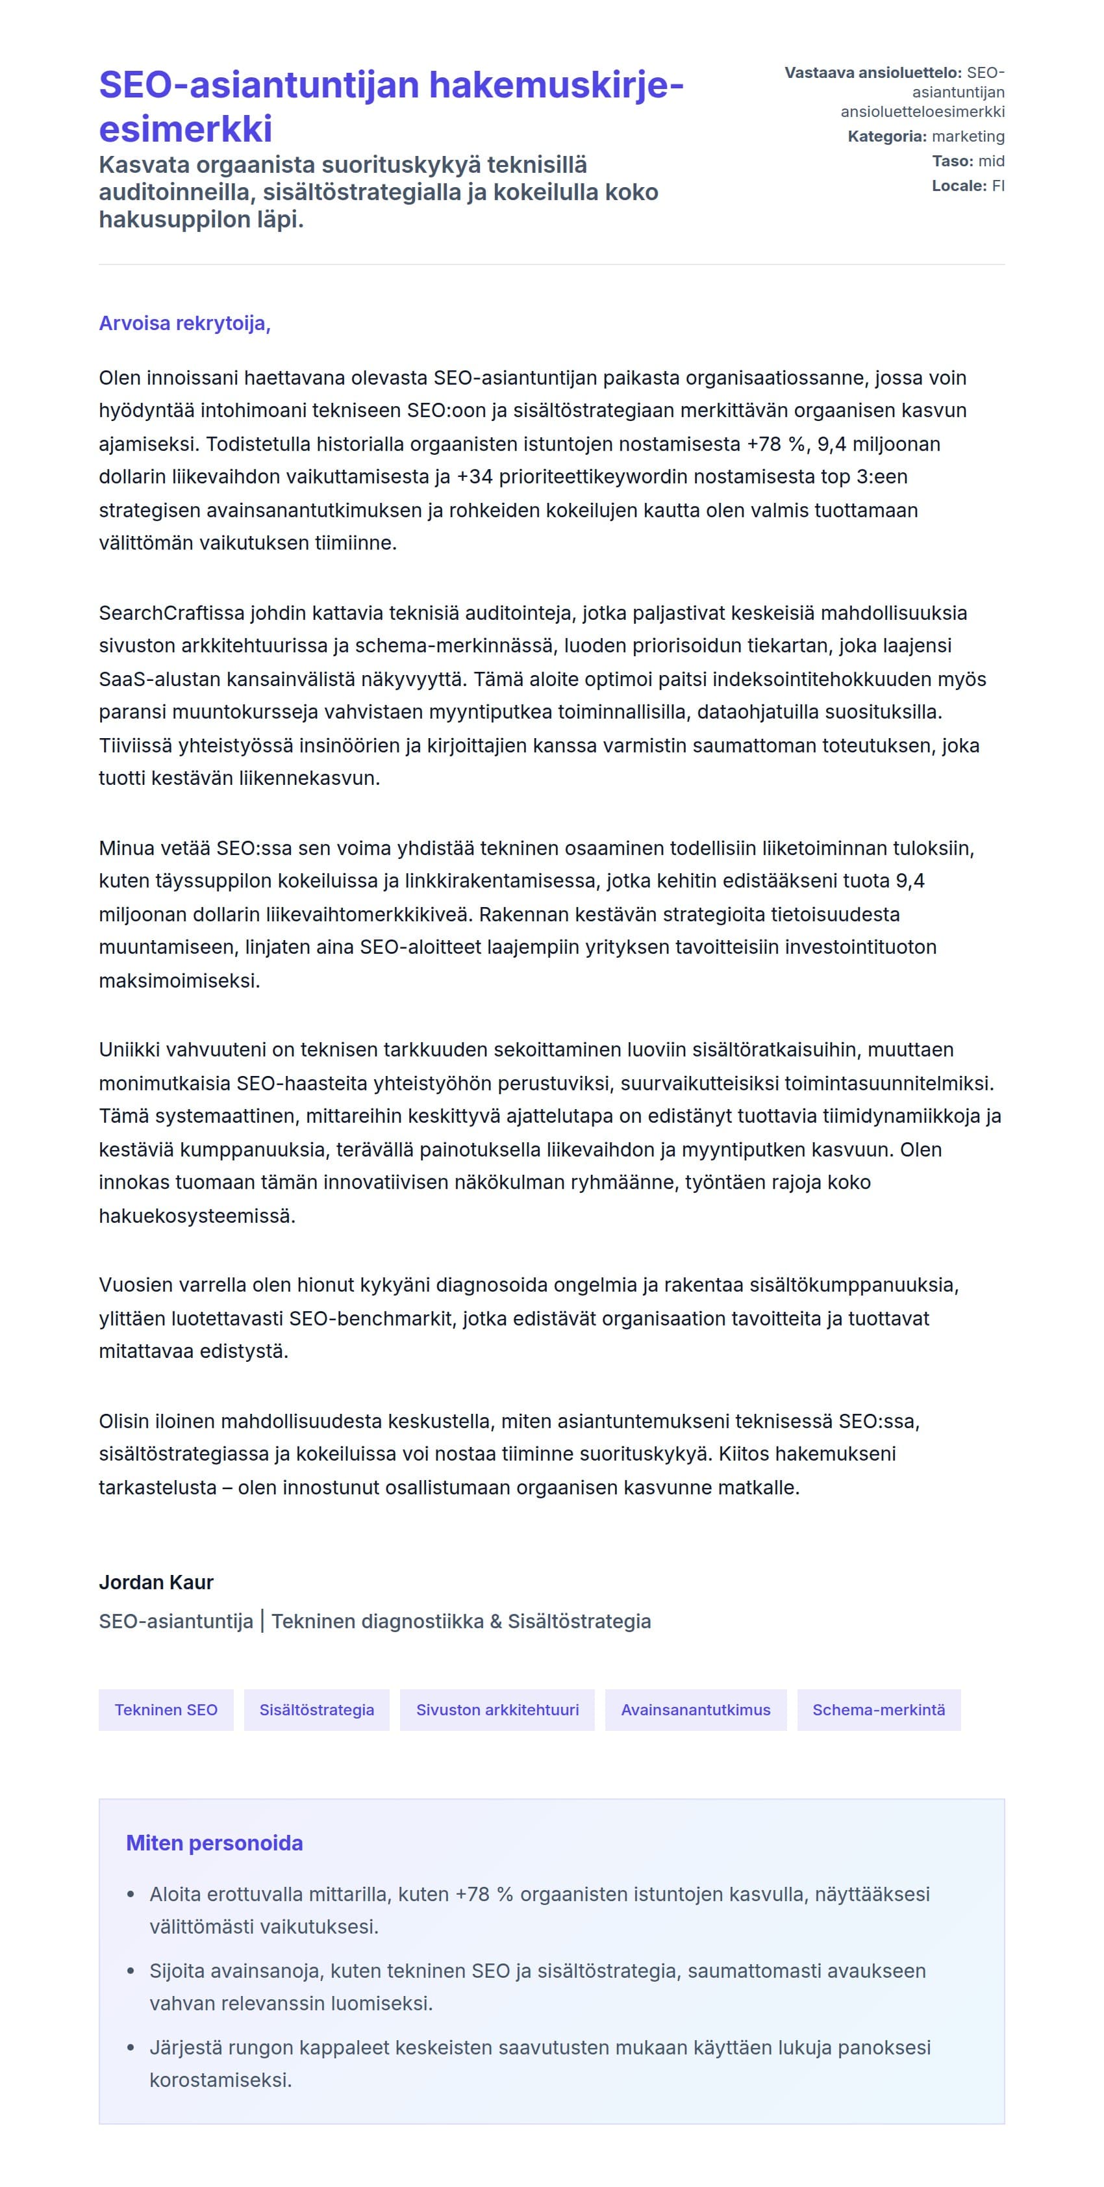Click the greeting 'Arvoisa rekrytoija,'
click(184, 324)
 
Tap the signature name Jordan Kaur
click(156, 1581)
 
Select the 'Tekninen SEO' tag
click(166, 1709)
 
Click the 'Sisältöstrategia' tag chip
click(316, 1709)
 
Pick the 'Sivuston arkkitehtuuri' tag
click(497, 1709)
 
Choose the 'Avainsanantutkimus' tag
click(695, 1709)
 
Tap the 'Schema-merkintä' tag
click(878, 1709)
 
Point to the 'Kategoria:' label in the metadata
click(886, 136)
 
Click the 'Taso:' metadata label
click(952, 161)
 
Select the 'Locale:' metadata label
click(959, 186)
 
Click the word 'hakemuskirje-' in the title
click(556, 86)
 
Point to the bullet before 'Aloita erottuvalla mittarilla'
click(131, 1894)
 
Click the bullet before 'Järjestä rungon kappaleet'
click(131, 2048)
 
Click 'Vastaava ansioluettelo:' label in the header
click(872, 73)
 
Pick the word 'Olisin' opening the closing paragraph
click(127, 1421)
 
